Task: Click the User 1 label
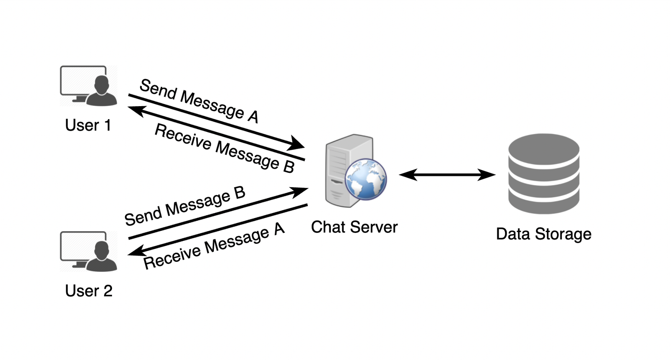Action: (x=88, y=125)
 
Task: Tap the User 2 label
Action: (x=88, y=291)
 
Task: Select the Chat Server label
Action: (x=354, y=227)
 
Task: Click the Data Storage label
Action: (x=544, y=234)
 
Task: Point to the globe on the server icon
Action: (x=366, y=179)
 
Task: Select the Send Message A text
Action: (x=199, y=101)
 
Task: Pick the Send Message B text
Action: (x=185, y=206)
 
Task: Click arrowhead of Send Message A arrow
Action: (x=297, y=144)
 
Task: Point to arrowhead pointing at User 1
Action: (x=135, y=110)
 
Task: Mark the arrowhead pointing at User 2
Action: (x=135, y=251)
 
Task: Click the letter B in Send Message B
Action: (x=239, y=193)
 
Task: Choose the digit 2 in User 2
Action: (x=108, y=291)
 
